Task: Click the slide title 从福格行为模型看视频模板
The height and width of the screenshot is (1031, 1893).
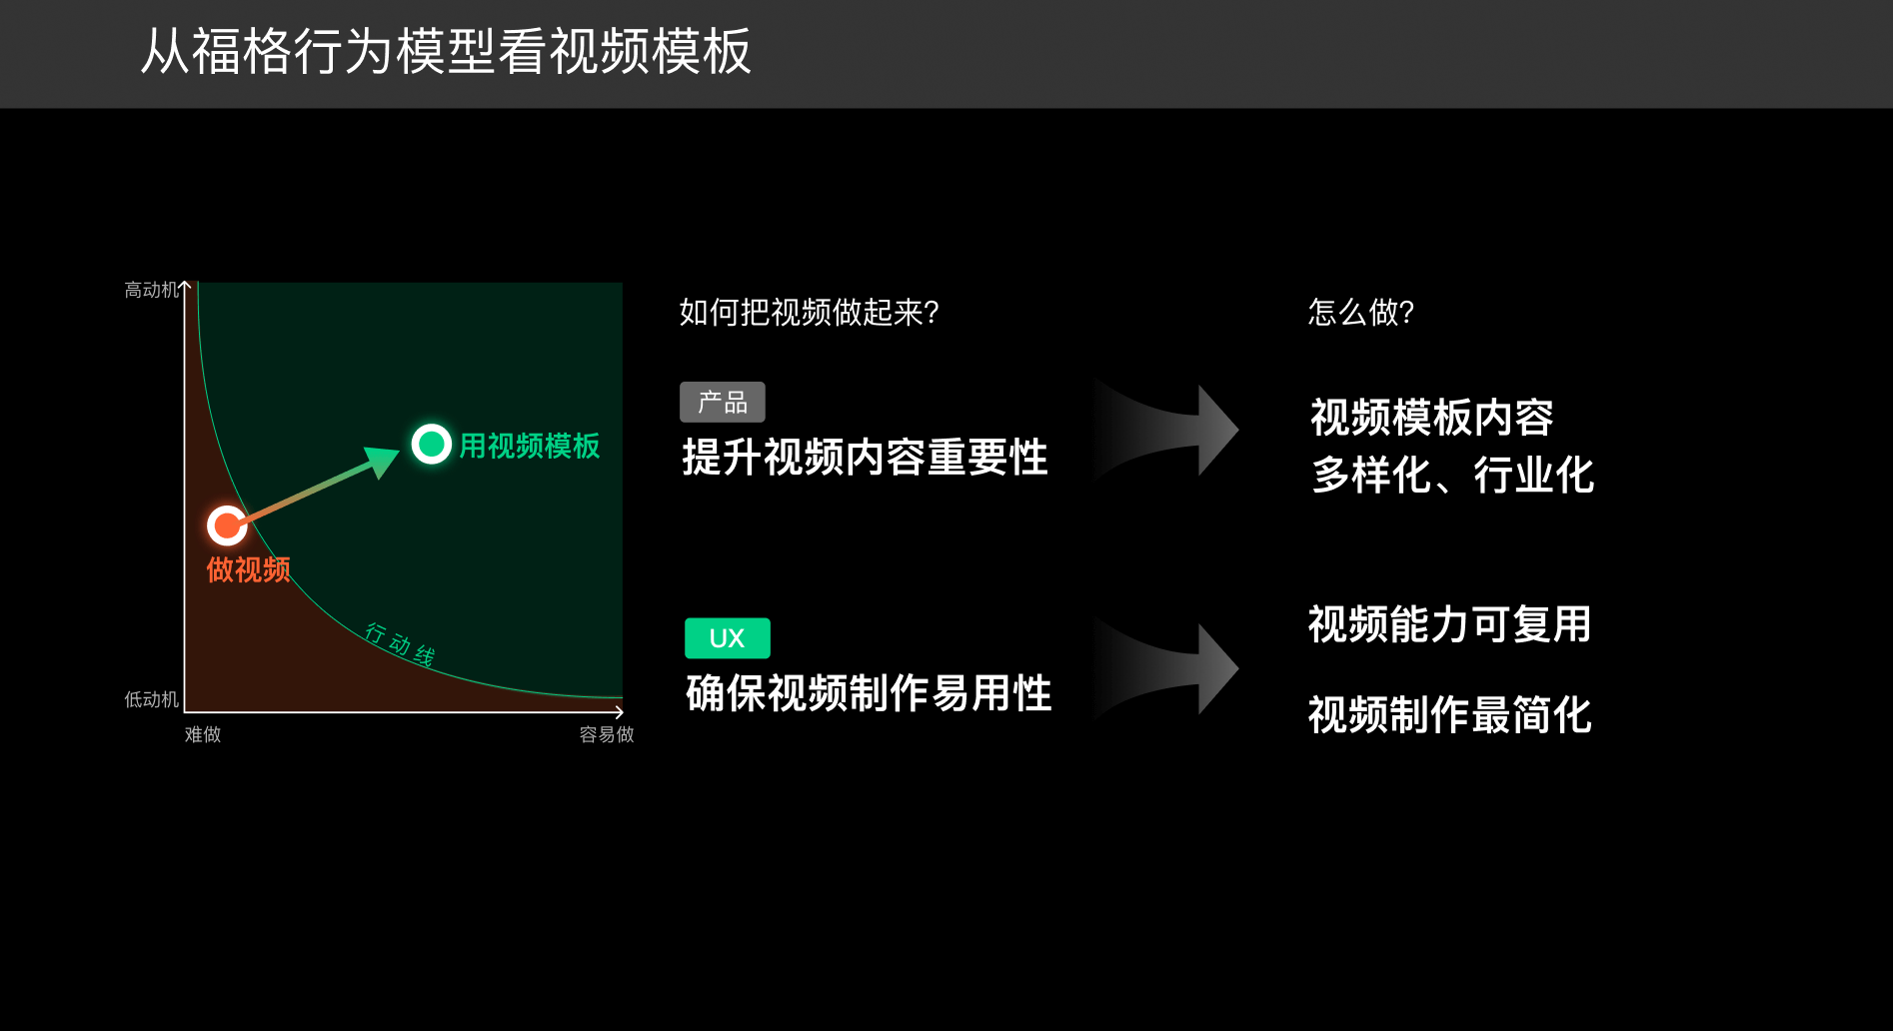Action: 446,51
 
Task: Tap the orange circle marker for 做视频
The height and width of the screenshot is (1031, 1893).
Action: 227,524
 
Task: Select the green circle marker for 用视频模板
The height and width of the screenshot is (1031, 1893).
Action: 432,444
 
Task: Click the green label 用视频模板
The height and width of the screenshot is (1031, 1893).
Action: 530,446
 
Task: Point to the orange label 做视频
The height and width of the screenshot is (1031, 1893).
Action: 249,569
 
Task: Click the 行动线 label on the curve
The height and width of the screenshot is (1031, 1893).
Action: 400,644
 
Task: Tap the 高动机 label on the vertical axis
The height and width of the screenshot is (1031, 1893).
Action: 152,290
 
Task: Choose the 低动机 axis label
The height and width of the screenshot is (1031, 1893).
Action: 152,699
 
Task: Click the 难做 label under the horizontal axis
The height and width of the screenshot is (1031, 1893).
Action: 203,734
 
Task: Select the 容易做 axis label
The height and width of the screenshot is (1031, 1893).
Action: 607,734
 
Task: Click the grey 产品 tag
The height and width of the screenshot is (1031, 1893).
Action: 723,402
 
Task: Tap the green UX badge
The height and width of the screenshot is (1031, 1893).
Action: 728,638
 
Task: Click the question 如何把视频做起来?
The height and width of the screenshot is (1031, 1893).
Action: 810,312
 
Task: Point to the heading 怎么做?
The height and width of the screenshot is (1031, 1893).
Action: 1361,312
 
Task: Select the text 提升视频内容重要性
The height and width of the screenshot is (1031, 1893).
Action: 865,458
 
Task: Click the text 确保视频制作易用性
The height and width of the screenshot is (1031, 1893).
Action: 869,693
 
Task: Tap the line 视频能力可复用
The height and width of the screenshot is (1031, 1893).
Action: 1449,624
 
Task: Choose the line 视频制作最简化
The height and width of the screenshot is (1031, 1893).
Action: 1449,715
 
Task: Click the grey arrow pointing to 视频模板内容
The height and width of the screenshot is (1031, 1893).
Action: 1166,431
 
